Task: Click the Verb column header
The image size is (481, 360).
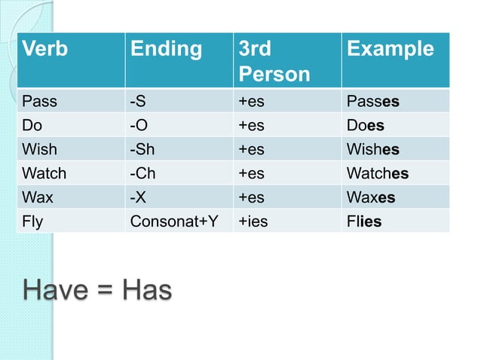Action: [46, 50]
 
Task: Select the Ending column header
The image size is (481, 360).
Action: [167, 50]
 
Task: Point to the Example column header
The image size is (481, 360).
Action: [391, 50]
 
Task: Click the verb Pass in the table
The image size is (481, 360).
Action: [39, 101]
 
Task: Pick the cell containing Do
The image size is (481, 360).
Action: [32, 125]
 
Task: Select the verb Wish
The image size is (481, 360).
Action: [40, 149]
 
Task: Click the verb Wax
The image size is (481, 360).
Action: [38, 197]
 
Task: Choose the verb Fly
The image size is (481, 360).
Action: [33, 222]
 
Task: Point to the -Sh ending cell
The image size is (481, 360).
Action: [143, 149]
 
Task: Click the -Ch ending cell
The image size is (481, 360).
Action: [144, 173]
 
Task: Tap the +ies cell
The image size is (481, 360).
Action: [253, 222]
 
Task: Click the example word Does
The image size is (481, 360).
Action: [365, 125]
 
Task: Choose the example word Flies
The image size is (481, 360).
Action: [364, 222]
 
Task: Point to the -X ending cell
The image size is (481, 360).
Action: [139, 197]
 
